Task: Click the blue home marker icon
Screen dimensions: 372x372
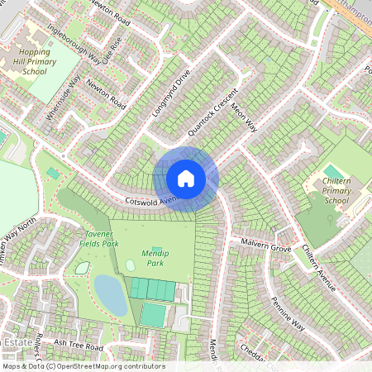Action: (x=186, y=178)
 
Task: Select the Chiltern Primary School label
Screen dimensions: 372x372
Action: (x=336, y=189)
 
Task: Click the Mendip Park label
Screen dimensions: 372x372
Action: (x=150, y=257)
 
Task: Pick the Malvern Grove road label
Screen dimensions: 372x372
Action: (x=267, y=246)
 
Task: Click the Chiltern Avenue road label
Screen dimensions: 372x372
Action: (x=318, y=267)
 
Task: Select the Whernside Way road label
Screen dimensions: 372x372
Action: (x=64, y=98)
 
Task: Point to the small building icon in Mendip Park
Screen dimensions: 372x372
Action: (x=156, y=250)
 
